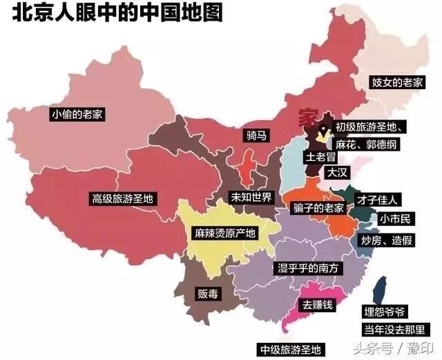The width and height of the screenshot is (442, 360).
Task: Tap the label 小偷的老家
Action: (77, 114)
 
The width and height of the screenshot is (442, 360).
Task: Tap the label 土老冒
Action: (320, 157)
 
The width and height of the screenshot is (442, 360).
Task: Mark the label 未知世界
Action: (251, 198)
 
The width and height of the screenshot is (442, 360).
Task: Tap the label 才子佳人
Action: (376, 200)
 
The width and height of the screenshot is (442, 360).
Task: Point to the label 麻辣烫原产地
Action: (224, 233)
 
